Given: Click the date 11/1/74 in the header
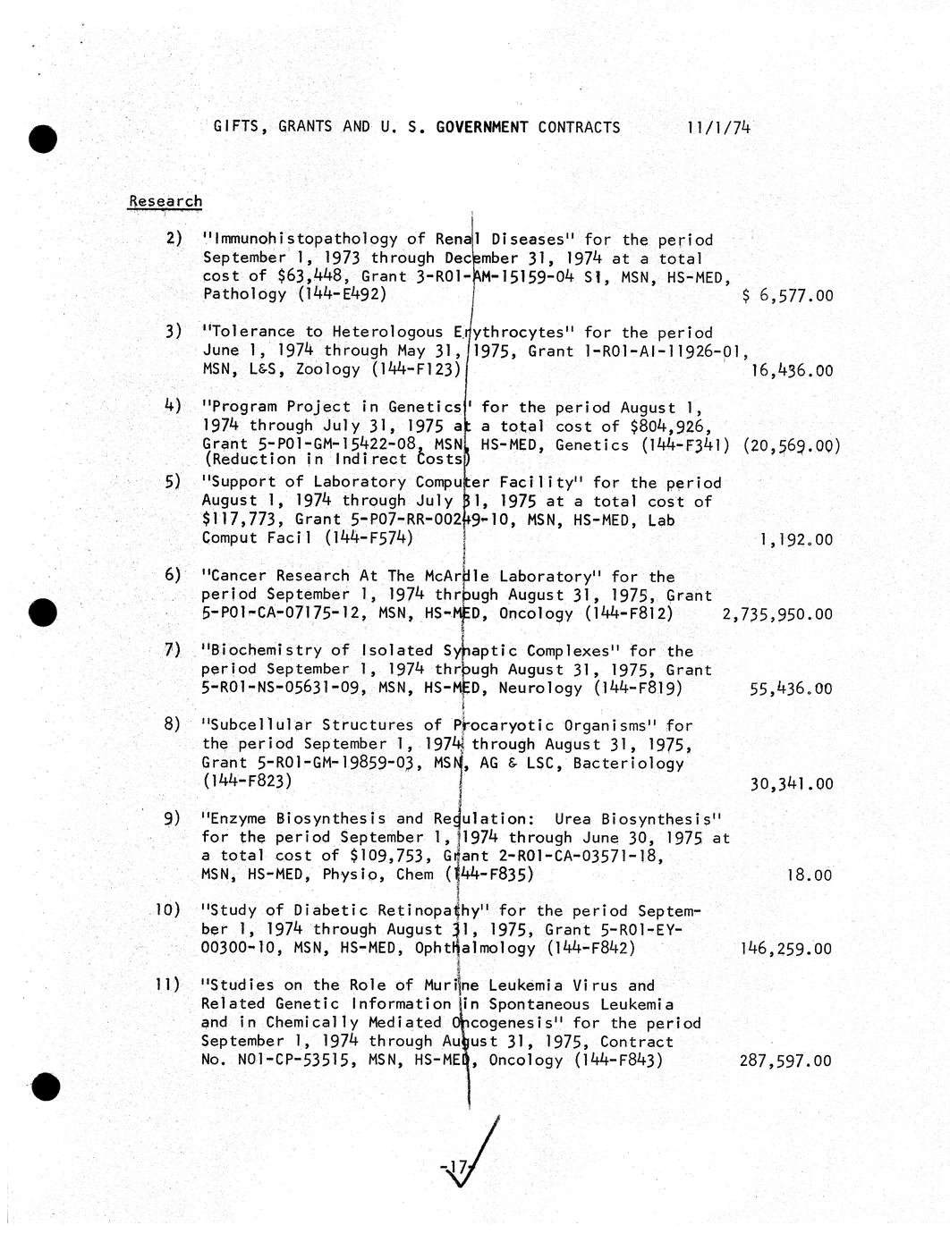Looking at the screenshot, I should (718, 127).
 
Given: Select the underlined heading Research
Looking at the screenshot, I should (165, 201).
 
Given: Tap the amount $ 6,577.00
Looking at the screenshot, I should (787, 296).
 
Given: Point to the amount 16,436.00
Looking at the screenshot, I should (792, 370).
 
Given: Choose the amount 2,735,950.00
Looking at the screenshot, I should (776, 614).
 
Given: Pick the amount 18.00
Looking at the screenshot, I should (809, 875).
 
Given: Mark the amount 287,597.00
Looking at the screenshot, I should (785, 1061).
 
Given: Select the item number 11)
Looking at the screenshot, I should (168, 985).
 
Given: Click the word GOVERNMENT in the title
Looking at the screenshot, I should (482, 127).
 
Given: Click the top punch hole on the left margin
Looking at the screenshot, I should (42, 139).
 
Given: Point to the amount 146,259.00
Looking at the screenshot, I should (786, 950).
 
